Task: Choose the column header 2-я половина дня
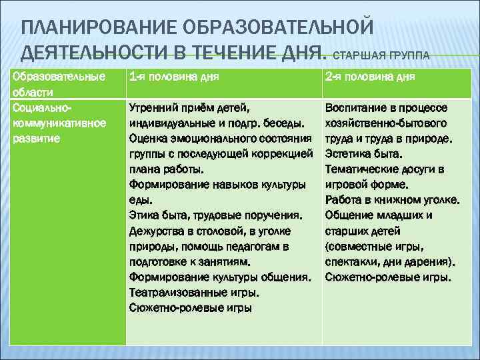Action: [370, 77]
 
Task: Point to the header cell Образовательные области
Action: [59, 83]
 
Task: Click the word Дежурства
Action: [155, 231]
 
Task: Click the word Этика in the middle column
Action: [143, 215]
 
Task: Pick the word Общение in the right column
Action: [347, 215]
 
